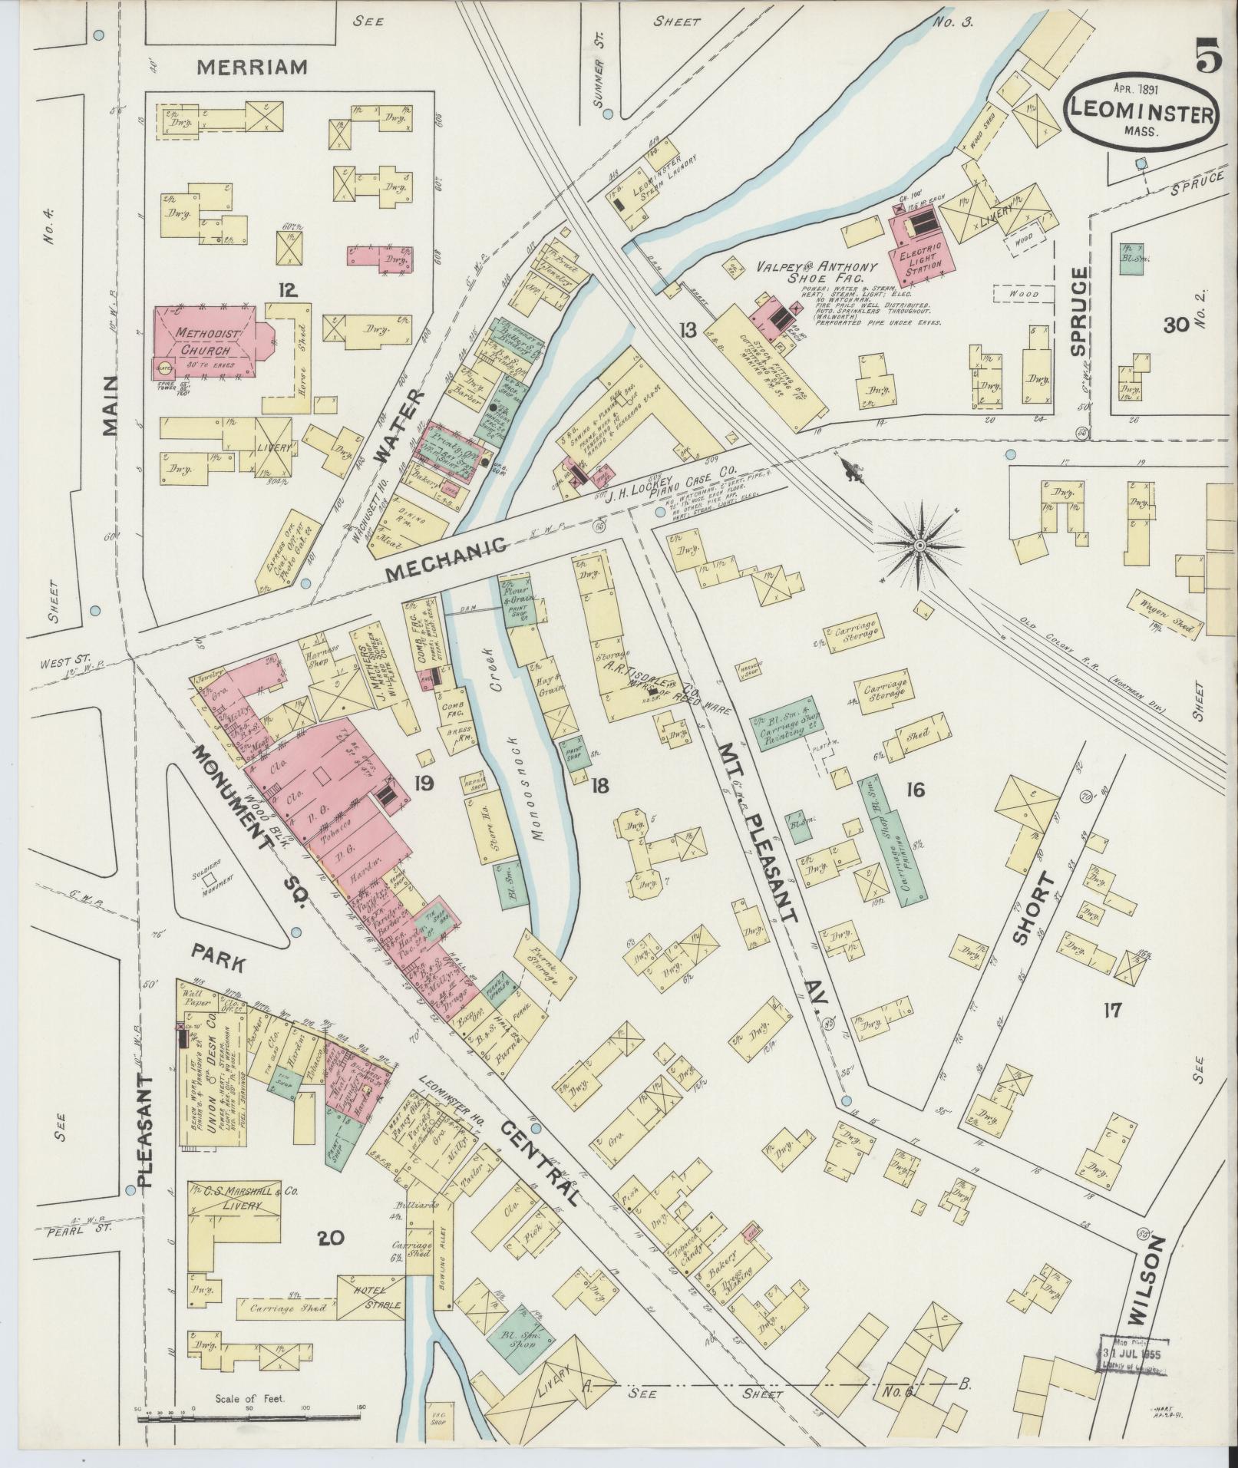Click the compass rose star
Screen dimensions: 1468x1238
click(919, 545)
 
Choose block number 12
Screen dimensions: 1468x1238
click(288, 289)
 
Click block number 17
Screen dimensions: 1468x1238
click(1112, 1011)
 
